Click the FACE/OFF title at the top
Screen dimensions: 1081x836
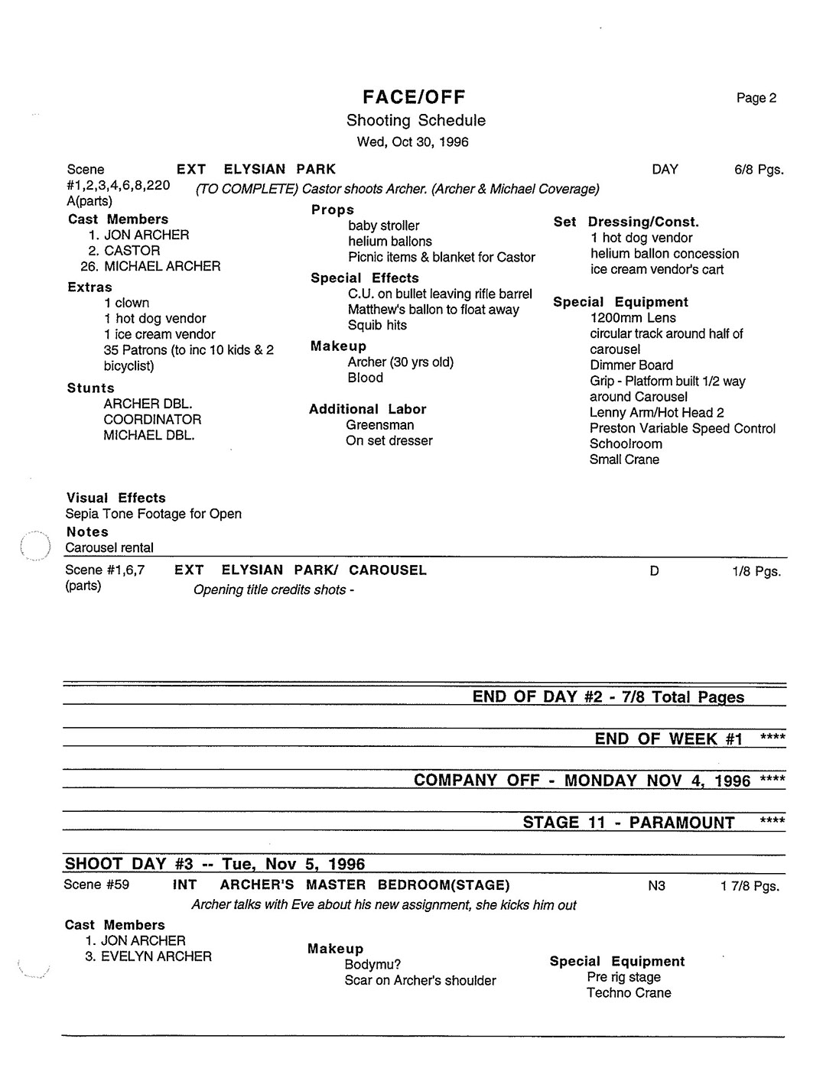point(414,97)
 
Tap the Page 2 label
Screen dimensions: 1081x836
point(756,98)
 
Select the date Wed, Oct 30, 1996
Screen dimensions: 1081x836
point(413,141)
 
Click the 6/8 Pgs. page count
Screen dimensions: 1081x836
point(759,170)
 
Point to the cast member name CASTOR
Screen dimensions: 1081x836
point(132,251)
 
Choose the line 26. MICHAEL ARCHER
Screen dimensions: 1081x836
point(151,266)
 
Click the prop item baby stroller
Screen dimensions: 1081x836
point(384,226)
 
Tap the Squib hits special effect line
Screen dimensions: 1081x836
point(377,325)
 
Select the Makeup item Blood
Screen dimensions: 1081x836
point(366,378)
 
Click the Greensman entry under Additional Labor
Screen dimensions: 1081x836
point(380,425)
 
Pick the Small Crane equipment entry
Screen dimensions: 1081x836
point(624,459)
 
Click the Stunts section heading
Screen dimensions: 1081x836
point(90,388)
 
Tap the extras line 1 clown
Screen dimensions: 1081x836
point(127,303)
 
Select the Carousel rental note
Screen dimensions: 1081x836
point(109,547)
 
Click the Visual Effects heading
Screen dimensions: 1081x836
point(115,498)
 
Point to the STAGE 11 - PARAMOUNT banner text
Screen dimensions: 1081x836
point(628,823)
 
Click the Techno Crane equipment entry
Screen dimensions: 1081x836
point(629,993)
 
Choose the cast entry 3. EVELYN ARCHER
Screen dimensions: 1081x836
point(149,956)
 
